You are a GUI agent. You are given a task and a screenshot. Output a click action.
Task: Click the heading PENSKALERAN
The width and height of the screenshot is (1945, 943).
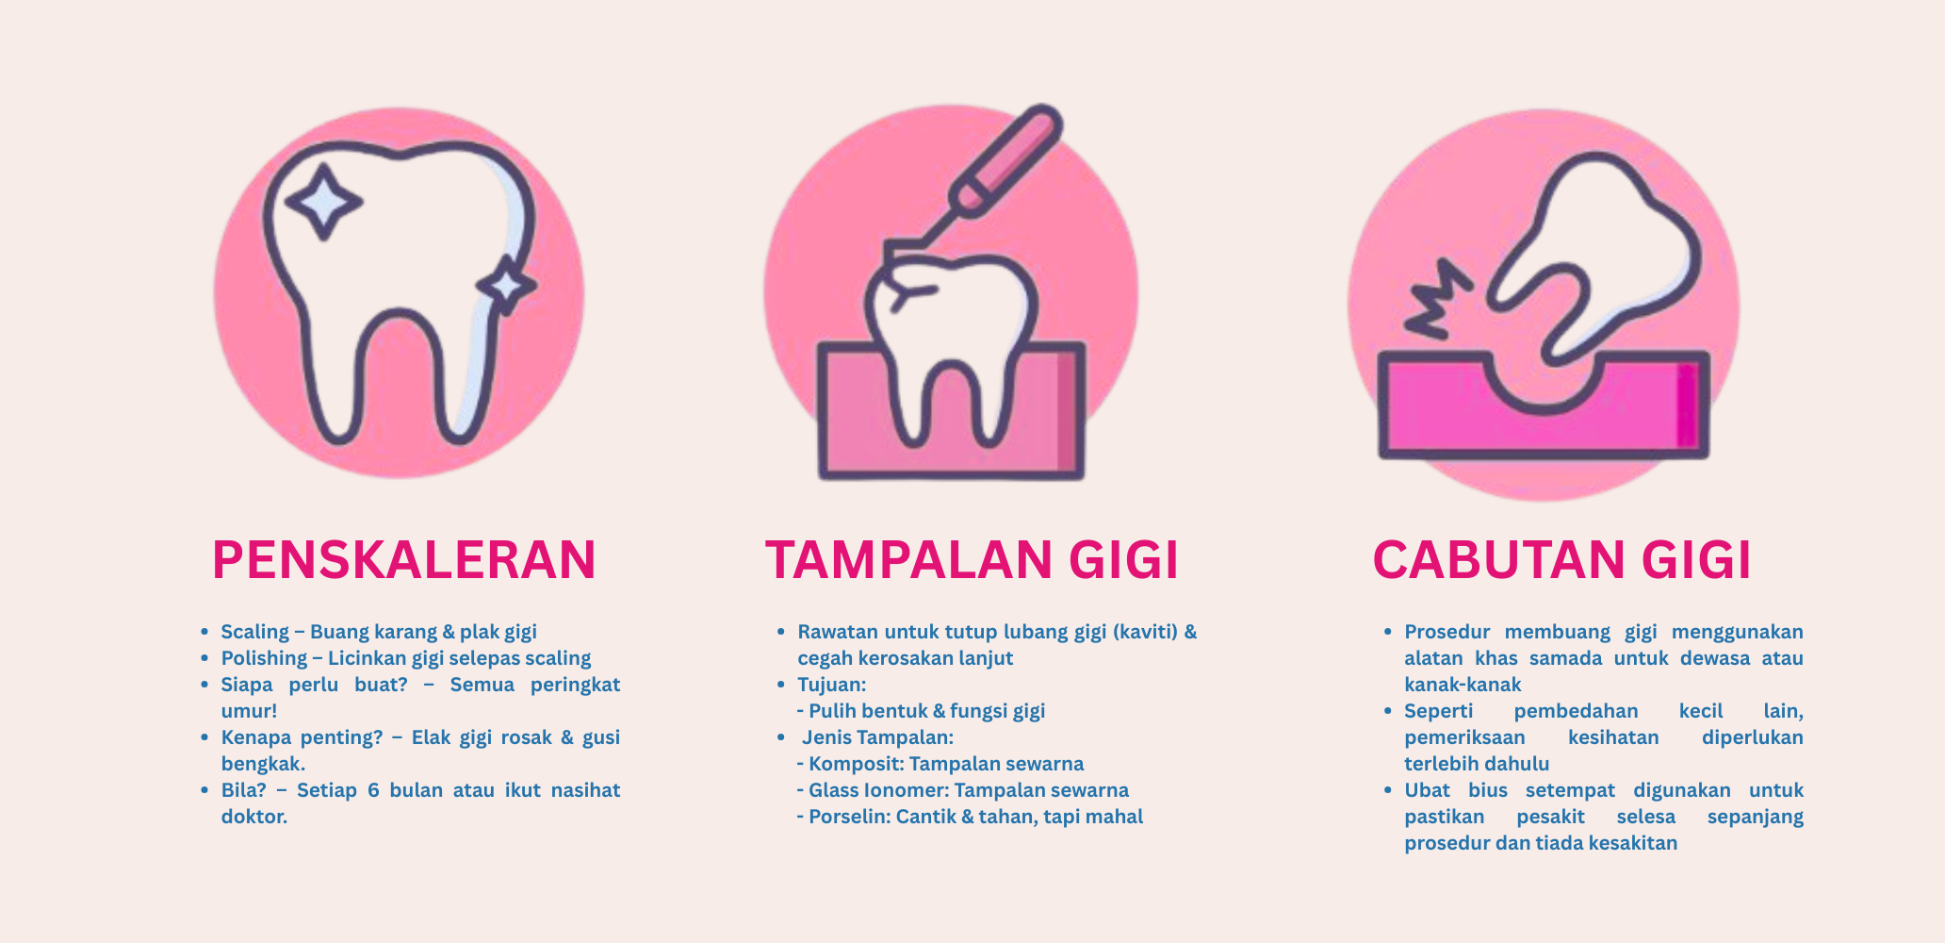click(404, 559)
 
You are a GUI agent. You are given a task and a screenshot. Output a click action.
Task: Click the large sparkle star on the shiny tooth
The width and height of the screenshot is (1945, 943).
click(323, 201)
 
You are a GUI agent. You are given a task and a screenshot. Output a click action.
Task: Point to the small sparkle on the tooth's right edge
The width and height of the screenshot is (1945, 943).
click(507, 285)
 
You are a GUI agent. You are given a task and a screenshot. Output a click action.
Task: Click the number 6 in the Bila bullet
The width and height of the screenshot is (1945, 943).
click(373, 790)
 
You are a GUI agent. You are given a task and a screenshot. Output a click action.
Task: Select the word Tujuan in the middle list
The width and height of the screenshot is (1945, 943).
click(831, 685)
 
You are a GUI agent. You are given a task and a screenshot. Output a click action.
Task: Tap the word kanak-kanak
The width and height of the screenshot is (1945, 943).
click(1463, 685)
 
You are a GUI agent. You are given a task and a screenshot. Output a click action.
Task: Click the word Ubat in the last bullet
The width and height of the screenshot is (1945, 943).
click(1428, 790)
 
